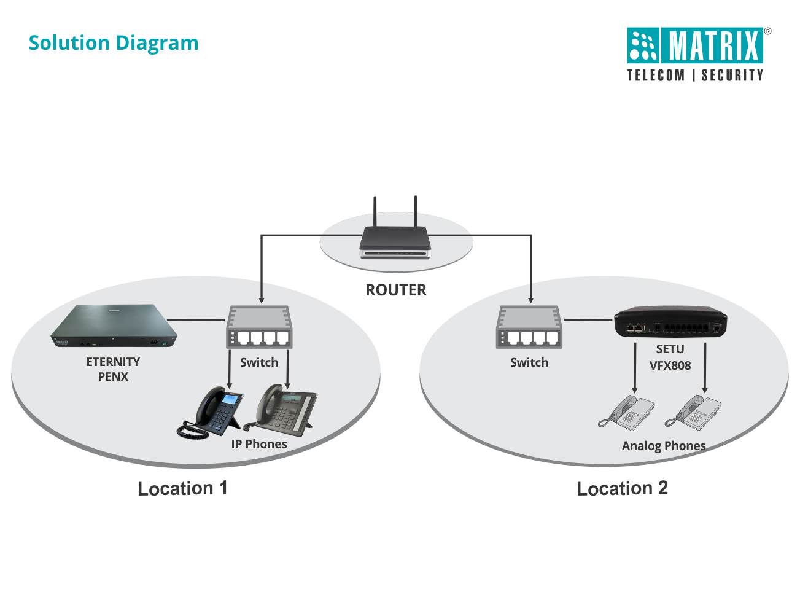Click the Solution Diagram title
pos(114,44)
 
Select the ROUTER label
pos(396,290)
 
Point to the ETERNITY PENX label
pos(114,369)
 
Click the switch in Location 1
pos(259,327)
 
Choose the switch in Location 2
pos(529,327)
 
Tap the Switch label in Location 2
pos(529,362)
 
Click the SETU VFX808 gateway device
pos(670,322)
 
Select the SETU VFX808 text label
pos(670,357)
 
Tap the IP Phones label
pos(259,444)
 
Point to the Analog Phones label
pos(664,446)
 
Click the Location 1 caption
pos(182,489)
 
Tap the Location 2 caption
pos(622,489)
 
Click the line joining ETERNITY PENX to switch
pos(196,319)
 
